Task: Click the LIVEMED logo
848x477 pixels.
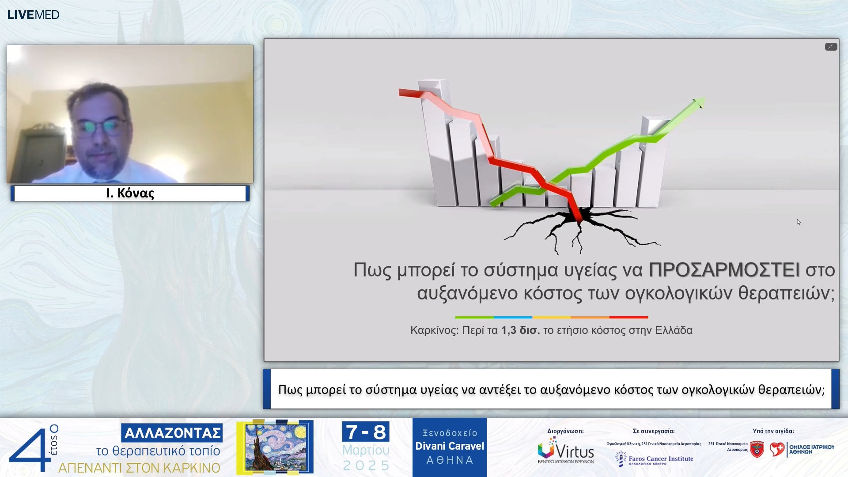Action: [33, 15]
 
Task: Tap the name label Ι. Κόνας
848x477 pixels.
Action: [130, 193]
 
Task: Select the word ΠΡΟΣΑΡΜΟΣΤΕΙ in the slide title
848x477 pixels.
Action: [724, 270]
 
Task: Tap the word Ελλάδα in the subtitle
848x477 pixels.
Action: [674, 330]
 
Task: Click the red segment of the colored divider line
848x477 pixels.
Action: [628, 317]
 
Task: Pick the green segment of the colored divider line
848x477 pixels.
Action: [474, 317]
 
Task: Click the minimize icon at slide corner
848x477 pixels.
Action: [831, 47]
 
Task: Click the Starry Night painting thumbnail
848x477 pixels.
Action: [276, 447]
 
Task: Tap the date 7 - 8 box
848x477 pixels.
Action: [366, 432]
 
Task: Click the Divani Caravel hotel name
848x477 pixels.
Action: [450, 446]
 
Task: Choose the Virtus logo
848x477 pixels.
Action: [565, 450]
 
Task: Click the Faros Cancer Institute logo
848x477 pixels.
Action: [655, 459]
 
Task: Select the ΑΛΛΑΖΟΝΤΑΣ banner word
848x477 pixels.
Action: [172, 433]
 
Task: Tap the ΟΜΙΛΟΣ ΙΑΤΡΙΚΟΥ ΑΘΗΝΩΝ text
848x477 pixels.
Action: [811, 449]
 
